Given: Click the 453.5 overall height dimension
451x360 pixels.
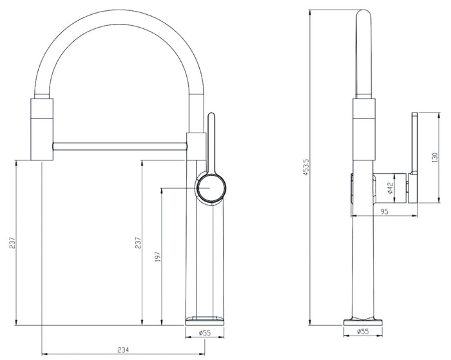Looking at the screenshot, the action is (x=306, y=167).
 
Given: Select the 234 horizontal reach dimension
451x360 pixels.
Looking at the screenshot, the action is (x=123, y=350).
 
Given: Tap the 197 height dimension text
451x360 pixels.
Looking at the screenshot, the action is (x=157, y=256).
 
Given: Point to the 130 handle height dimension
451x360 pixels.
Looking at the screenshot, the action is (x=434, y=158).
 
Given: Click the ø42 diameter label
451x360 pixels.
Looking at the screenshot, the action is (x=390, y=188).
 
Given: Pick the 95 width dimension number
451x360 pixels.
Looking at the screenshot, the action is (x=384, y=212).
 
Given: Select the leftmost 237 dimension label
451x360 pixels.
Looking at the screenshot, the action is (x=12, y=243).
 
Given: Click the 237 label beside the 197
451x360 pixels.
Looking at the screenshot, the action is (x=139, y=243).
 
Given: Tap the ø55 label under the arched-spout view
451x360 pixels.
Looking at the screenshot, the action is (x=205, y=333).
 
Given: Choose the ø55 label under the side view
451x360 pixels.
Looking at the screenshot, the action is (x=363, y=332).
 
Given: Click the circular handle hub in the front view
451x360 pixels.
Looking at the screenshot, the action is (x=211, y=188).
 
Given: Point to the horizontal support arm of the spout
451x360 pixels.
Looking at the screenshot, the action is (x=120, y=146).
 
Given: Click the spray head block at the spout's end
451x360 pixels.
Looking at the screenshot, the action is (x=42, y=129).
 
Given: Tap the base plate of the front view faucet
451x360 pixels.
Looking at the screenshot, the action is (x=204, y=321).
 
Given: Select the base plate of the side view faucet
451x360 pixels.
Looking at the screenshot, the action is (x=363, y=322).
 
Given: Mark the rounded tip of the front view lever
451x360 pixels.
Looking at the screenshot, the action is (x=211, y=115).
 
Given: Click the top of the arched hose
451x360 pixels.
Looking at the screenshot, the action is (x=119, y=17).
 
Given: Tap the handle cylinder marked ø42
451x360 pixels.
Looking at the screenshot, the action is (x=390, y=188).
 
